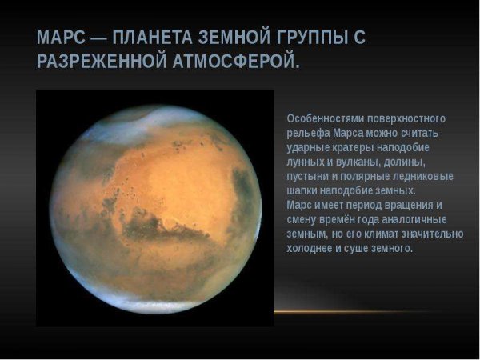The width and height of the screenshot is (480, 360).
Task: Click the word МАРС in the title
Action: pyautogui.click(x=62, y=38)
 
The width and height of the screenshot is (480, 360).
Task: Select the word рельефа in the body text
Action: pyautogui.click(x=306, y=133)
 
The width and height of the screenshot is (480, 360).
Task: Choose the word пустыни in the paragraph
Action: pyautogui.click(x=306, y=176)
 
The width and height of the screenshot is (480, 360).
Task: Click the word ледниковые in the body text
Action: pyautogui.click(x=426, y=176)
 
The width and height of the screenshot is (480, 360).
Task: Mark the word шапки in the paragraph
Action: pyautogui.click(x=302, y=190)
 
